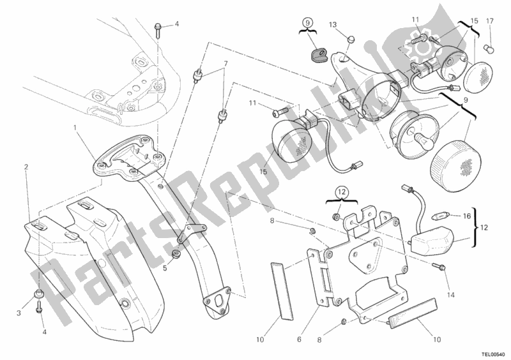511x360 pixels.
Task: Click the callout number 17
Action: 490,21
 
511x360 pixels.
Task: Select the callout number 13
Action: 332,25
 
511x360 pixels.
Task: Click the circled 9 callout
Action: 309,23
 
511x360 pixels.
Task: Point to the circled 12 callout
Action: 341,191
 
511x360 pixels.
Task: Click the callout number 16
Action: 467,216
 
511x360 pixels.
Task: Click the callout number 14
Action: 450,296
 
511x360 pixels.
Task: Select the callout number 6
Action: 299,340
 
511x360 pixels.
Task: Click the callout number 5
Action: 165,268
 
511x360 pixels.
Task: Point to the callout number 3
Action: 19,313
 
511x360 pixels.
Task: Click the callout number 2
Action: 26,167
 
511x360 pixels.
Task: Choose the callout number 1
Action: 75,127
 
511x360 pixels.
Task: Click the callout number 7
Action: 225,64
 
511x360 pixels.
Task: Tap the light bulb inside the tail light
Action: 419,137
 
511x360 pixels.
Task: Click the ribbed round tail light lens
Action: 455,166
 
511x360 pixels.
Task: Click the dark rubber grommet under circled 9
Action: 316,54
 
